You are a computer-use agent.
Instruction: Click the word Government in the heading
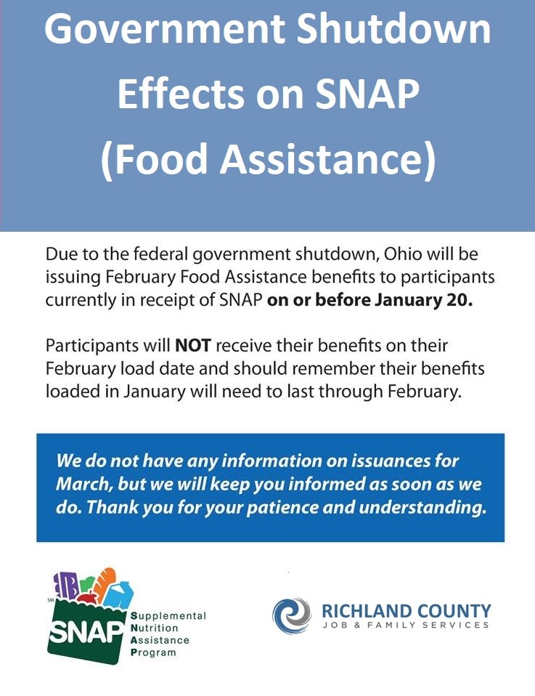[x=165, y=29]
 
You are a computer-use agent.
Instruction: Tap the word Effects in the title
[x=181, y=94]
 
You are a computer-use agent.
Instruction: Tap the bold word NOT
[x=193, y=346]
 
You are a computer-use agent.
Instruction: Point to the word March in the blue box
[x=83, y=484]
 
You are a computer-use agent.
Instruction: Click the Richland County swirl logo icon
[x=292, y=615]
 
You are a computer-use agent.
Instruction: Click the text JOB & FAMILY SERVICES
[x=406, y=625]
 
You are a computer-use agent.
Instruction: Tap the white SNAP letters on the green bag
[x=85, y=631]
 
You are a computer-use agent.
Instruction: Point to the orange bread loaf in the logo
[x=105, y=580]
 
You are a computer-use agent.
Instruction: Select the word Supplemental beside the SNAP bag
[x=168, y=616]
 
